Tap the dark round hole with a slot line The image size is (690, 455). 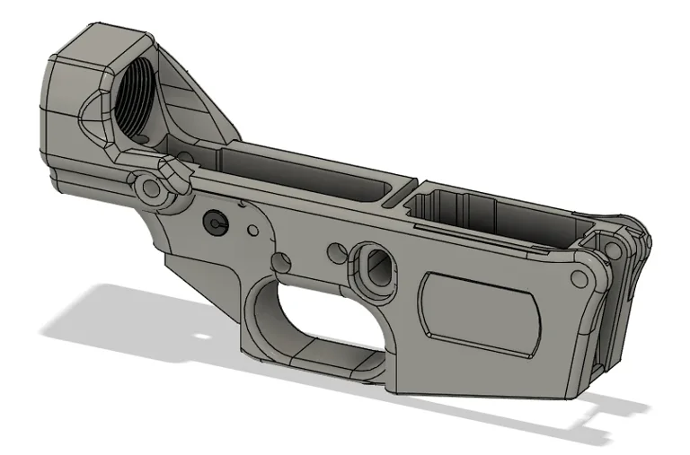[x=215, y=220]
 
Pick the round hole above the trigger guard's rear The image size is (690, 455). [x=283, y=262]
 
